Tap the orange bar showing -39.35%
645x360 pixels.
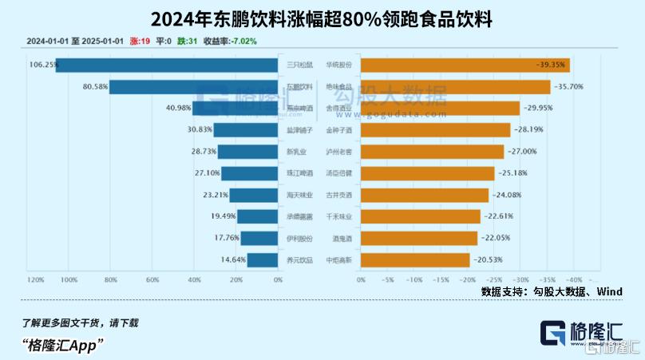[x=465, y=65]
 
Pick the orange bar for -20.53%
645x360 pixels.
[x=414, y=259]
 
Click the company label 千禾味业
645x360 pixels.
[x=338, y=216]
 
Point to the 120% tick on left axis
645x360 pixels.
[x=36, y=280]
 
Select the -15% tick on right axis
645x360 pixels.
[x=440, y=280]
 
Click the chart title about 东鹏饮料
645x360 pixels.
[x=322, y=17]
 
